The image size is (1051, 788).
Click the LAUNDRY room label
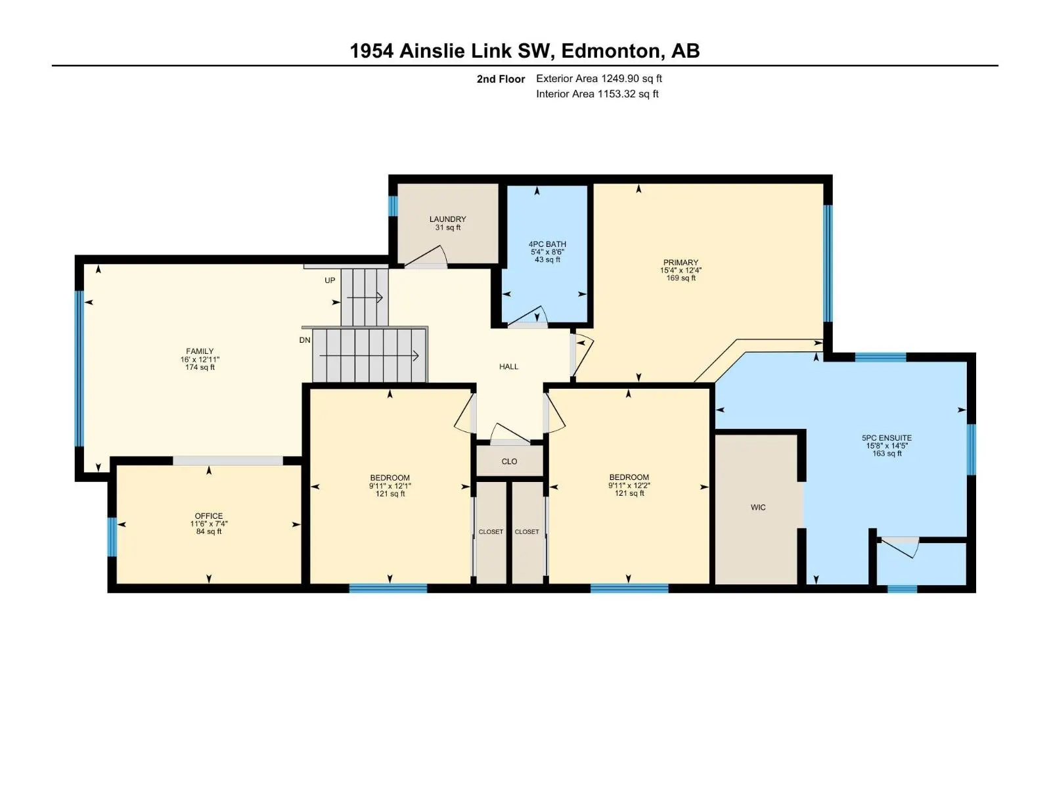(447, 219)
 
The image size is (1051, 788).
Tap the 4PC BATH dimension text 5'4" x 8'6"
(547, 252)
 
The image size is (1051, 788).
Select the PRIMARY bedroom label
(681, 262)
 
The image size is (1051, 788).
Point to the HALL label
(508, 366)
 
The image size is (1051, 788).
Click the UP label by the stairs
(330, 280)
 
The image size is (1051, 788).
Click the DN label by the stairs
(305, 340)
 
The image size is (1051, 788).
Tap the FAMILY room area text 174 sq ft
(200, 368)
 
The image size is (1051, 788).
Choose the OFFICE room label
(209, 515)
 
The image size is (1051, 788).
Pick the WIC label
(758, 507)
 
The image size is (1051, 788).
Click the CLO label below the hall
(509, 461)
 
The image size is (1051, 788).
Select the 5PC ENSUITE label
(886, 437)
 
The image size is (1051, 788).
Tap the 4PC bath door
(528, 317)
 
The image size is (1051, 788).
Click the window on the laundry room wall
(393, 206)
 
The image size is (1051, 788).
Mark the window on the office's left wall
(112, 536)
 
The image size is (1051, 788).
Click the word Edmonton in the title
(612, 51)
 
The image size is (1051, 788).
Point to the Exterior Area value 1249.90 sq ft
(631, 78)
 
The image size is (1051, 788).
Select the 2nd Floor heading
(501, 79)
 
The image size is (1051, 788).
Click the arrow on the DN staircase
(369, 356)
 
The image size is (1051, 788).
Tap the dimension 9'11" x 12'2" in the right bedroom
(629, 485)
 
